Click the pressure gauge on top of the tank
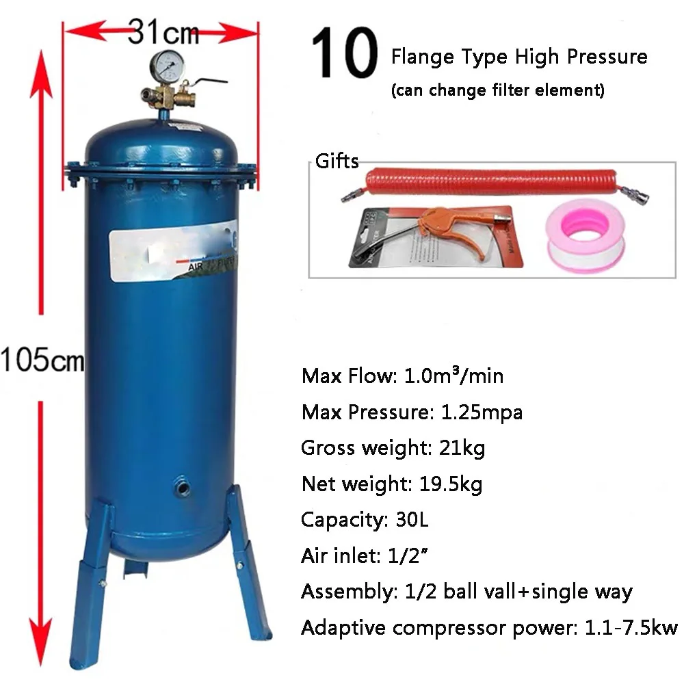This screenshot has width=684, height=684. coord(163,66)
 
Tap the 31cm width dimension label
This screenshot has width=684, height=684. coord(163,31)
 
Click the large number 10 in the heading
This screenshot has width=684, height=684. coord(345,53)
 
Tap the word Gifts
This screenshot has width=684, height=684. coord(337,161)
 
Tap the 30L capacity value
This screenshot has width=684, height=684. coord(410,520)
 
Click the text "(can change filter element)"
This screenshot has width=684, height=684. coord(497,90)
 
